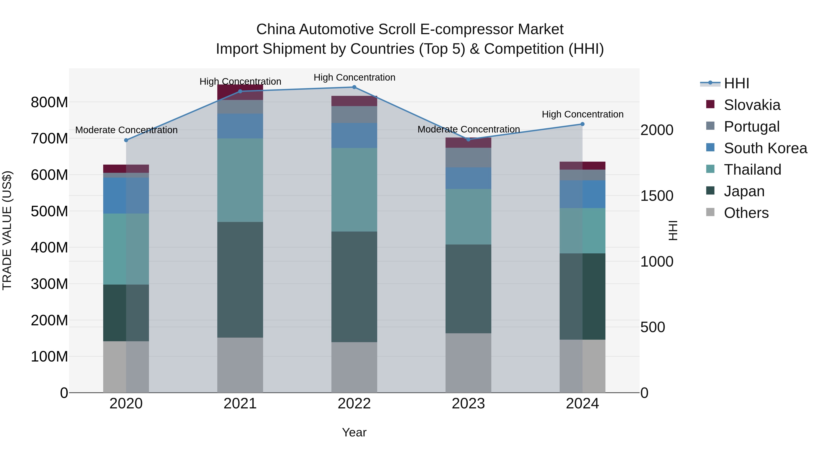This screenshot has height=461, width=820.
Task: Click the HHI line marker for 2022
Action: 354,87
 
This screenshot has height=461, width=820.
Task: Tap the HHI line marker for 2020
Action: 126,140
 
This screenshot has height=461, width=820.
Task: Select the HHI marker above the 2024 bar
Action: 582,124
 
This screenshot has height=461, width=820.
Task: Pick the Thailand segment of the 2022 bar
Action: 354,190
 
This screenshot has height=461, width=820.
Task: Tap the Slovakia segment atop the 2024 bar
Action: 582,166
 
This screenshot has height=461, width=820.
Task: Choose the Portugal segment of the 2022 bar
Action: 354,115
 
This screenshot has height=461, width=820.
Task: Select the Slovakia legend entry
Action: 752,105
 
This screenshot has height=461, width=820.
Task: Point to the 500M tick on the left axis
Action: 49,211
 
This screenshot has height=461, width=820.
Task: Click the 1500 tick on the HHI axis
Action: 656,196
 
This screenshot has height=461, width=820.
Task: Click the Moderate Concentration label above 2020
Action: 126,130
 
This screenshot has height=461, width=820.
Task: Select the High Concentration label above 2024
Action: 582,114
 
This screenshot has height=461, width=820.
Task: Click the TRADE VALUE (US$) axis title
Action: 7,230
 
